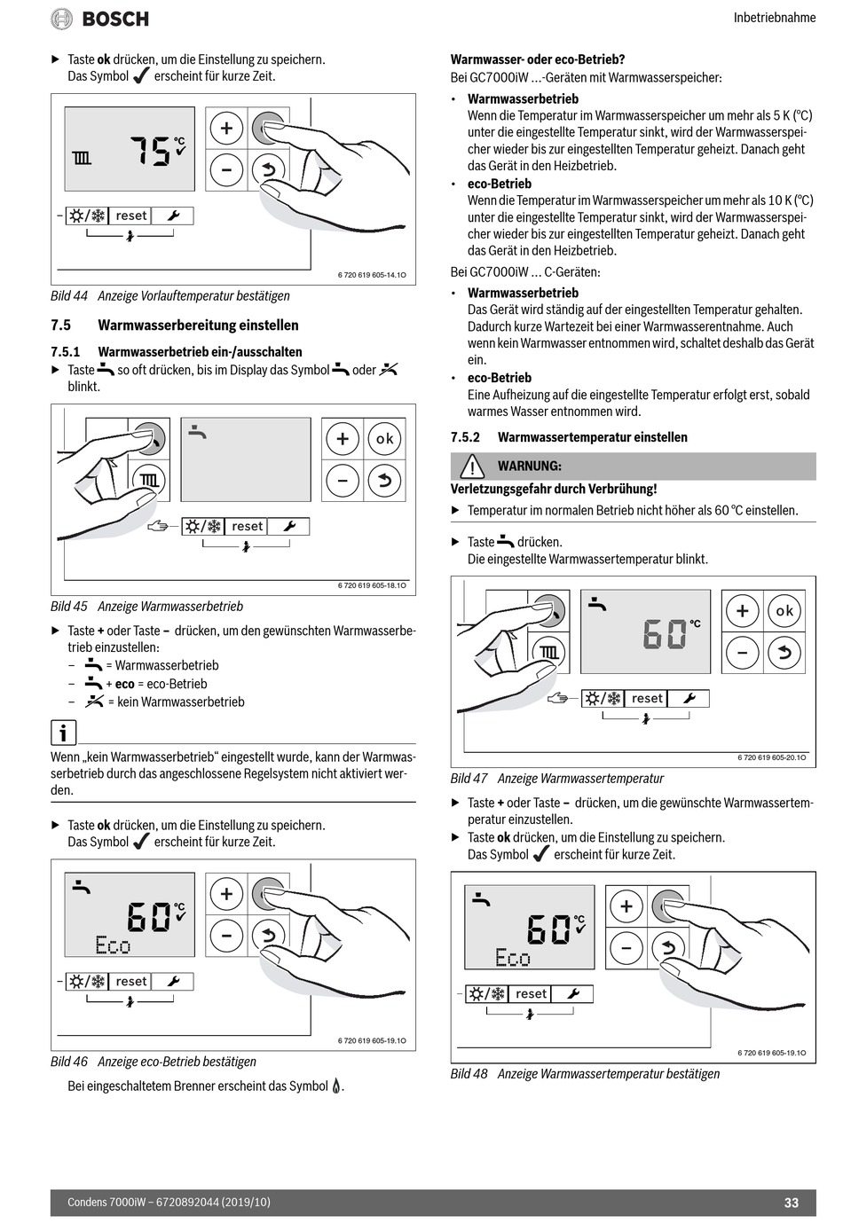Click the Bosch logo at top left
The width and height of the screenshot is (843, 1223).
pos(99,19)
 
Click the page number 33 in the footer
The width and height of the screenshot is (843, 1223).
pos(791,1203)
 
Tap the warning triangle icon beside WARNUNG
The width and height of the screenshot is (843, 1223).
pos(472,466)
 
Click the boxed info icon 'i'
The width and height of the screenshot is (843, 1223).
pos(63,733)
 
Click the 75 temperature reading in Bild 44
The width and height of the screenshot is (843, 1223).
pos(149,151)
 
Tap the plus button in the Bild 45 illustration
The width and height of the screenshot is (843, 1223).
pos(343,439)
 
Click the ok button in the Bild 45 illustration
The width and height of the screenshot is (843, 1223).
pos(384,439)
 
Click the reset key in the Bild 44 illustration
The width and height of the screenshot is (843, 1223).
pos(130,216)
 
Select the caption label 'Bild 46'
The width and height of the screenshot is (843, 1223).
pos(69,1062)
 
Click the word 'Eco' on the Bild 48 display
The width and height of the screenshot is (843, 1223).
pos(513,958)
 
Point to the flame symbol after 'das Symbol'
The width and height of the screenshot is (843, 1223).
pos(336,1086)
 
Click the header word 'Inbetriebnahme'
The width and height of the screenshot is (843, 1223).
pos(774,18)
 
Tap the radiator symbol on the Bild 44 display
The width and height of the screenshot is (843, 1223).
pos(82,159)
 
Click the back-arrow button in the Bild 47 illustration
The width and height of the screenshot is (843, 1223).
pos(784,654)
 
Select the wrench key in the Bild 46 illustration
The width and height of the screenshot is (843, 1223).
pos(173,982)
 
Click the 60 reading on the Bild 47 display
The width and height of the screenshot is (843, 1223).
pos(665,634)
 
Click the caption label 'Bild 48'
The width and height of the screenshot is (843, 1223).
pos(469,1074)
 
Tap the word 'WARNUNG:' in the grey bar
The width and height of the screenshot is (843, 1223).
pos(529,466)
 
